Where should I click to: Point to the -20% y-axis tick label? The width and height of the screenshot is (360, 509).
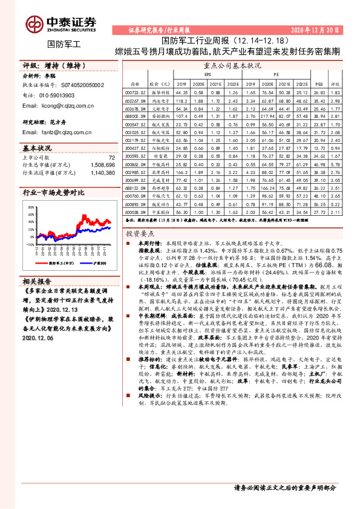pyautogui.click(x=30, y=245)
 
